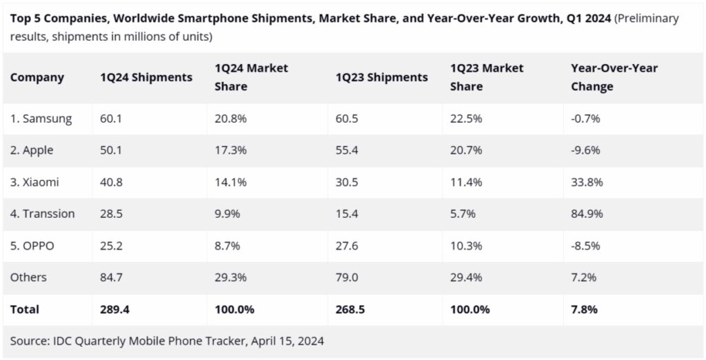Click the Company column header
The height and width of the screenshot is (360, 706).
[37, 77]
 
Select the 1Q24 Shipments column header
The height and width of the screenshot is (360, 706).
[146, 77]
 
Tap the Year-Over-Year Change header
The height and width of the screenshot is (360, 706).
[614, 77]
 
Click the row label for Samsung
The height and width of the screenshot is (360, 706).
[41, 119]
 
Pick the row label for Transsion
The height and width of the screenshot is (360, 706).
[43, 214]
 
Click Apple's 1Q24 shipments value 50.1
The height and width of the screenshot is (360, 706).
[111, 150]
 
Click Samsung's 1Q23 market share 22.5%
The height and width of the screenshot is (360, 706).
[466, 119]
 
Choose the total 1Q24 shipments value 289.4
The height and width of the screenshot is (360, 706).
[114, 310]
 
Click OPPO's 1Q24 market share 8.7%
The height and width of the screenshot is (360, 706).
[227, 246]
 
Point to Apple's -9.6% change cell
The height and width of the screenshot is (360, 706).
[585, 150]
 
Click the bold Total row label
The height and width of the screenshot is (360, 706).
[25, 310]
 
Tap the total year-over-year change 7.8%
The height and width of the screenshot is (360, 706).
[584, 310]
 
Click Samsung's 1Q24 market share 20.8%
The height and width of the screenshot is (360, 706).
[230, 119]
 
